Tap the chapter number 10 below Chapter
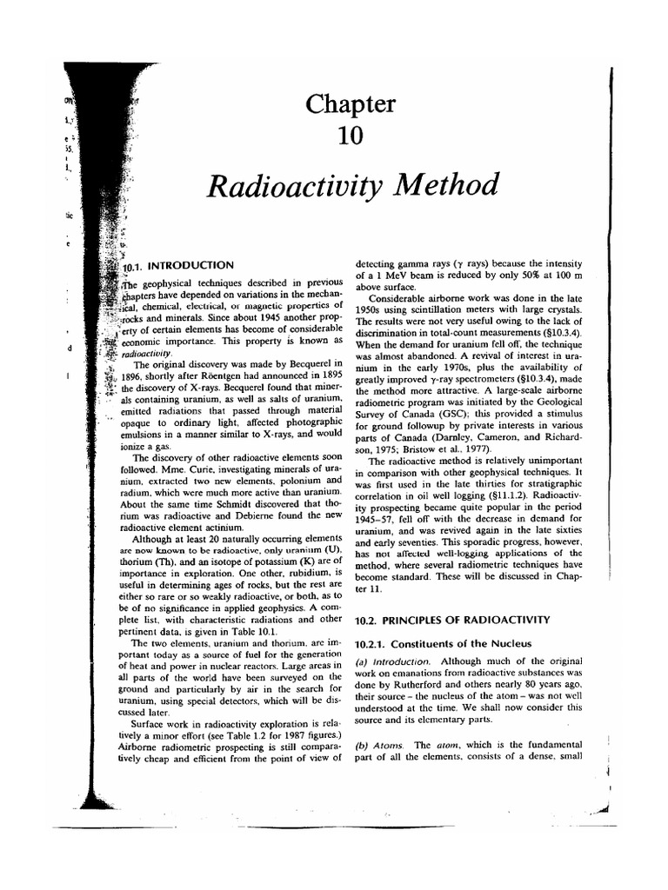pyautogui.click(x=351, y=138)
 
